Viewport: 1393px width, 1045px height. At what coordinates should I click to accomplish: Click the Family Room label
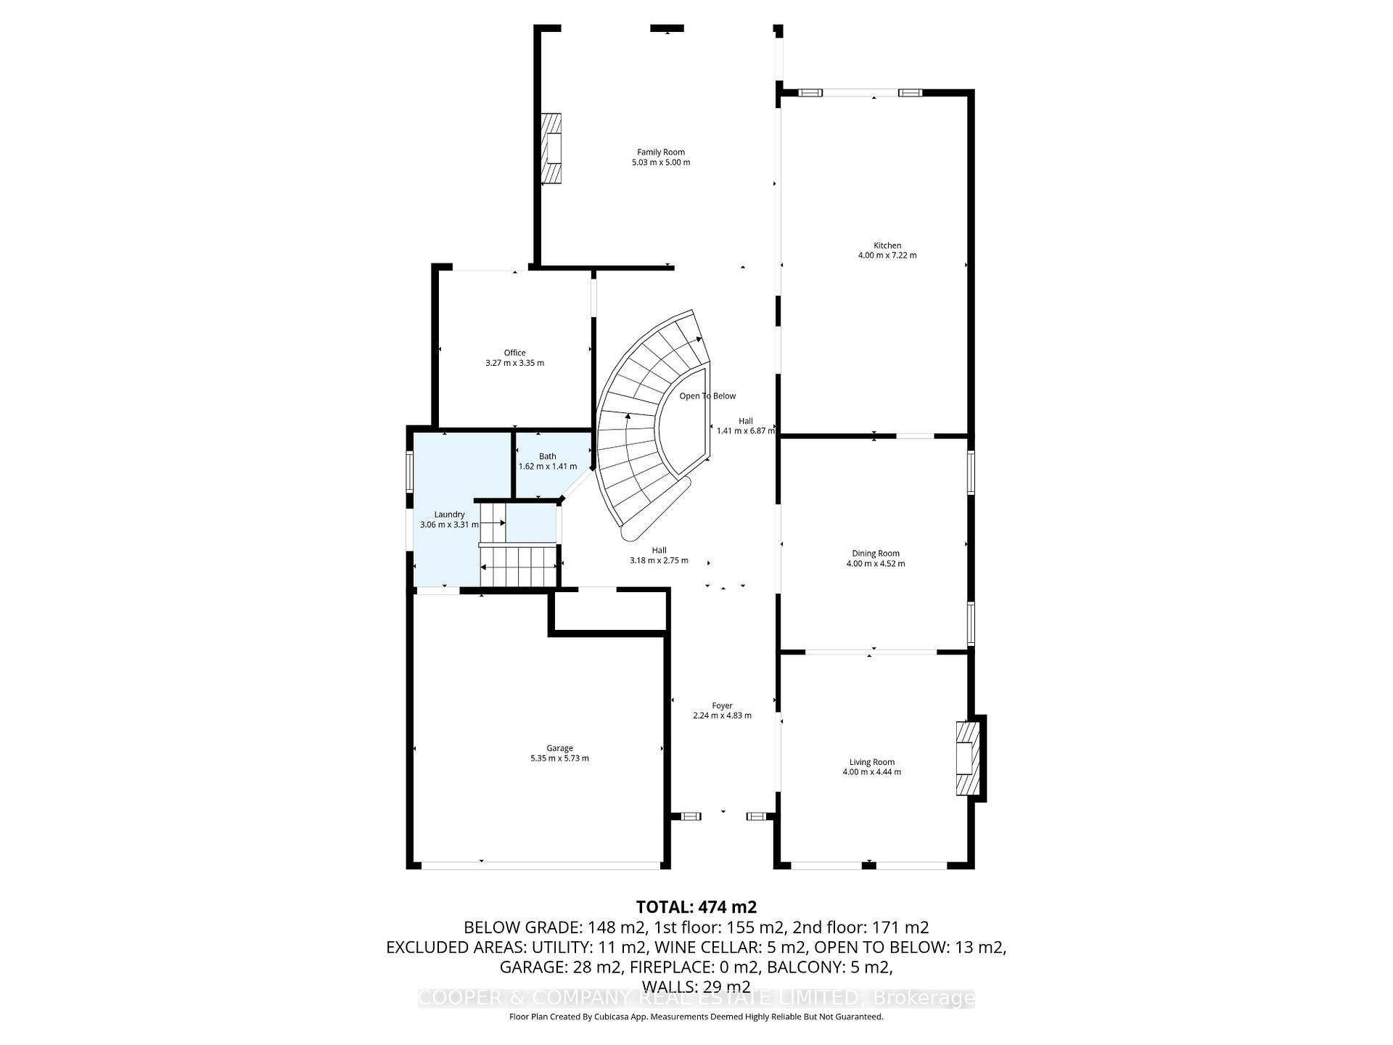click(x=660, y=152)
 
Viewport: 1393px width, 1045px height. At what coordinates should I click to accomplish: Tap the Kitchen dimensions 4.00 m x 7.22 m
click(x=887, y=255)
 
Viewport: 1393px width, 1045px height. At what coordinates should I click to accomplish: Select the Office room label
click(x=514, y=353)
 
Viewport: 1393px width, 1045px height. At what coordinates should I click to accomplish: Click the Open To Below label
click(x=707, y=396)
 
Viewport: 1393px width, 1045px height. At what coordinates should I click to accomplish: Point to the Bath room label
click(x=547, y=456)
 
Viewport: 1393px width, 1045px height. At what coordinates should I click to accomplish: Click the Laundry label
click(x=449, y=515)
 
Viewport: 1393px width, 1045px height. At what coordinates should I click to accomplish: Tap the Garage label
click(x=559, y=748)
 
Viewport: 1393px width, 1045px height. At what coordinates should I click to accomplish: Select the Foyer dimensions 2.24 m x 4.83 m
click(x=722, y=716)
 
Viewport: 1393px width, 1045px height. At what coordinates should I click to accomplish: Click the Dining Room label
click(x=875, y=554)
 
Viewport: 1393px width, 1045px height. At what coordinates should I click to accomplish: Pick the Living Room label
click(x=871, y=762)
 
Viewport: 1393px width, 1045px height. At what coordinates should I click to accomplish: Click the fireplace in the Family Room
click(x=551, y=149)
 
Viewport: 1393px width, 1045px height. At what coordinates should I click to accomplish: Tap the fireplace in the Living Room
click(x=968, y=759)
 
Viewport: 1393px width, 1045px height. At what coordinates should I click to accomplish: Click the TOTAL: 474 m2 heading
click(x=696, y=907)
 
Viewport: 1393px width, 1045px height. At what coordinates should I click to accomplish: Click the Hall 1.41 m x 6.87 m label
click(x=745, y=426)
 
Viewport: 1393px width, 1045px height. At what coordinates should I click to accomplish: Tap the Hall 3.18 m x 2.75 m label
click(x=659, y=555)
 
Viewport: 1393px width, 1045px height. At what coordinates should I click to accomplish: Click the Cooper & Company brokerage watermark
click(x=696, y=998)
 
